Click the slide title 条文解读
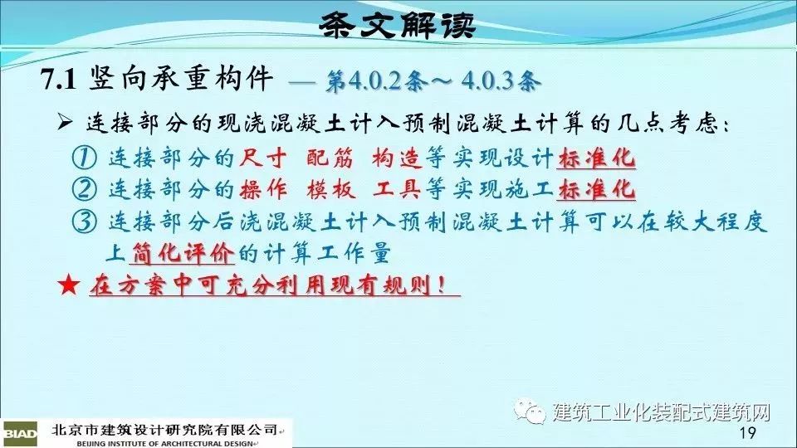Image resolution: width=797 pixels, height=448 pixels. (398, 26)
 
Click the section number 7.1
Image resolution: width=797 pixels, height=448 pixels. (58, 80)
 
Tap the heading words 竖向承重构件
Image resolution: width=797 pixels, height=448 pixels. (181, 79)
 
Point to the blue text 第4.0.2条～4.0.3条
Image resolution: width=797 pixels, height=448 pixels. (432, 81)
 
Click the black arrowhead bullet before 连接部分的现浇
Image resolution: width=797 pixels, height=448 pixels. (65, 122)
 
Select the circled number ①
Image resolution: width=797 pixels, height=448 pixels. (84, 158)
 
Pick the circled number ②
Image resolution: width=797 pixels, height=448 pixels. (84, 189)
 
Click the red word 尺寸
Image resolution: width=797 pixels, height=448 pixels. (263, 158)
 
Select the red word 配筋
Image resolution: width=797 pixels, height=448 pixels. (330, 158)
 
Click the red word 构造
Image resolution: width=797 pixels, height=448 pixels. (397, 158)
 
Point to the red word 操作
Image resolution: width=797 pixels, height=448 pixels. (263, 189)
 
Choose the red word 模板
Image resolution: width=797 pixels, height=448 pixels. (330, 189)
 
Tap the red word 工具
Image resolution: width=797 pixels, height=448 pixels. (397, 189)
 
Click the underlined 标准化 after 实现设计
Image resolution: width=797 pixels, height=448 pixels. (596, 158)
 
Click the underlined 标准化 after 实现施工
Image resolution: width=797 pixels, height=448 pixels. (596, 190)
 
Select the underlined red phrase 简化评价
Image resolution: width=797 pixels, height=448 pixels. (183, 253)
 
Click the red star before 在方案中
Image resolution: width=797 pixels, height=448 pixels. (69, 285)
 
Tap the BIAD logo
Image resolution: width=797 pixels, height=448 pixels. (20, 434)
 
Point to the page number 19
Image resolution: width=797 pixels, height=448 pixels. (748, 433)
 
